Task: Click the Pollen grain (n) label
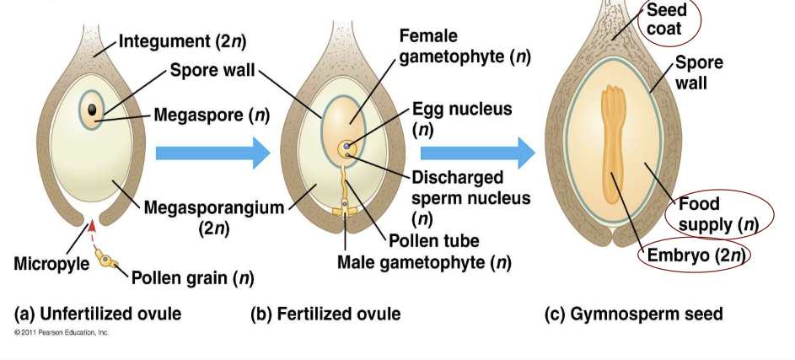191,276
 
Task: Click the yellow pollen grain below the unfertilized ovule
107,261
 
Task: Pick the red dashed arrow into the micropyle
91,234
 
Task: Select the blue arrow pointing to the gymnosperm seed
476,153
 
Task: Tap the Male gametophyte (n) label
424,262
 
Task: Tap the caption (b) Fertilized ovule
325,314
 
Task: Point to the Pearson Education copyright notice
62,332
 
